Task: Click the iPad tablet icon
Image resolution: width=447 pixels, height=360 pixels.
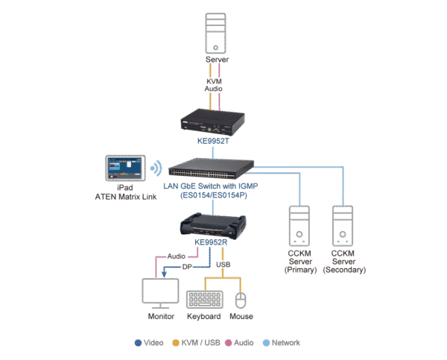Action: pos(124,168)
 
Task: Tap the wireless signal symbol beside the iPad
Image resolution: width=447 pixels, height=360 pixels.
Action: pos(156,168)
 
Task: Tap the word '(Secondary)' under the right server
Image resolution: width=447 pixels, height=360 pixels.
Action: pos(344,270)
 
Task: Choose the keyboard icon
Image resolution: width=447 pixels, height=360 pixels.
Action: pos(203,300)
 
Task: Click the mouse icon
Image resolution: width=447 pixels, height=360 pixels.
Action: pos(241,300)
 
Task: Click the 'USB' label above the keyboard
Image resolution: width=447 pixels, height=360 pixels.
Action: pos(223,265)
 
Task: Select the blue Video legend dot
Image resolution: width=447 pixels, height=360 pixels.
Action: pos(138,344)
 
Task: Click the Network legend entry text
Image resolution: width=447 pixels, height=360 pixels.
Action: pos(285,344)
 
